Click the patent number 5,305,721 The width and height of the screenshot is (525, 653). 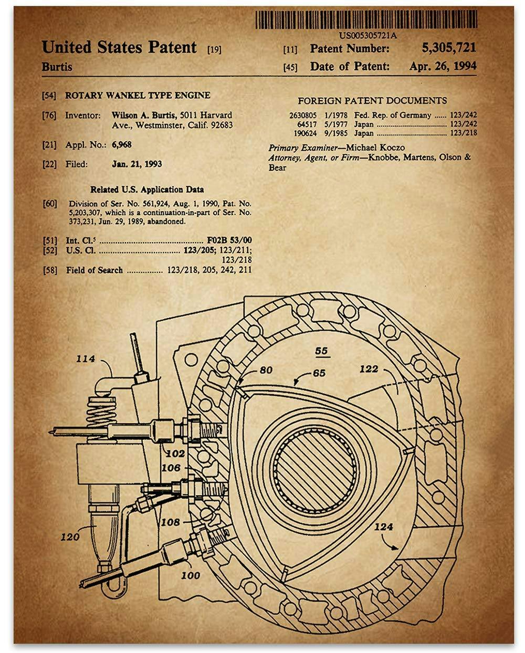(449, 48)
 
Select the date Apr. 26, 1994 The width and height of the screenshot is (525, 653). (443, 66)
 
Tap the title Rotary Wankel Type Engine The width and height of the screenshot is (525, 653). (138, 95)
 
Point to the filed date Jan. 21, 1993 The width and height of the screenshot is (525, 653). (136, 164)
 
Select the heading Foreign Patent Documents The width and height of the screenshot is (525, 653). (372, 100)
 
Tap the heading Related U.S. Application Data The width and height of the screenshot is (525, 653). (147, 189)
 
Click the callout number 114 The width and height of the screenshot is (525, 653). (85, 359)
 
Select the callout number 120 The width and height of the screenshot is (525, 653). (70, 536)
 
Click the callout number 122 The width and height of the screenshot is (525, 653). (369, 369)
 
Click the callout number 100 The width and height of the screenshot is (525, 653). (190, 575)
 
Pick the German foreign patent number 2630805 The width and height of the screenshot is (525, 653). (303, 115)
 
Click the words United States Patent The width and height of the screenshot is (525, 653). (119, 47)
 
